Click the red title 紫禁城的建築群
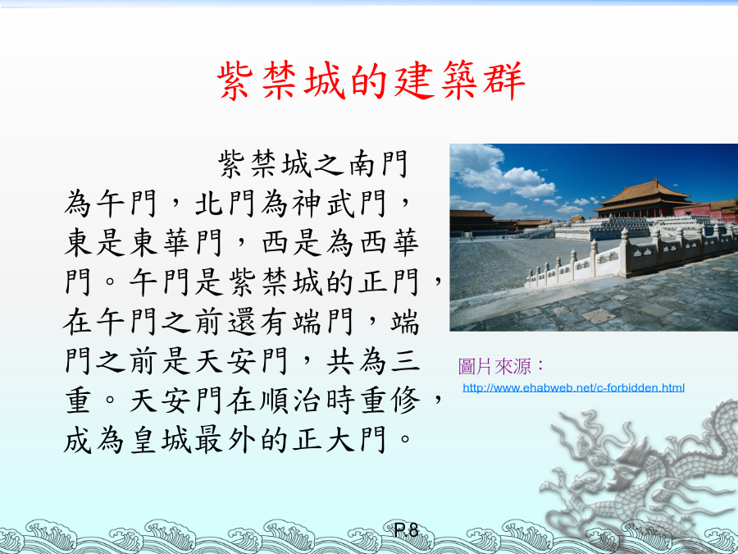point(371,81)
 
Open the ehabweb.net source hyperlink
point(573,387)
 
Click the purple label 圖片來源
point(501,367)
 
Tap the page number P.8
point(406,530)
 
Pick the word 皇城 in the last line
point(160,441)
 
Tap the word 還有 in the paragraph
point(258,323)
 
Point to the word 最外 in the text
point(225,441)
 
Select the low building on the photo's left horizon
point(471,221)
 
